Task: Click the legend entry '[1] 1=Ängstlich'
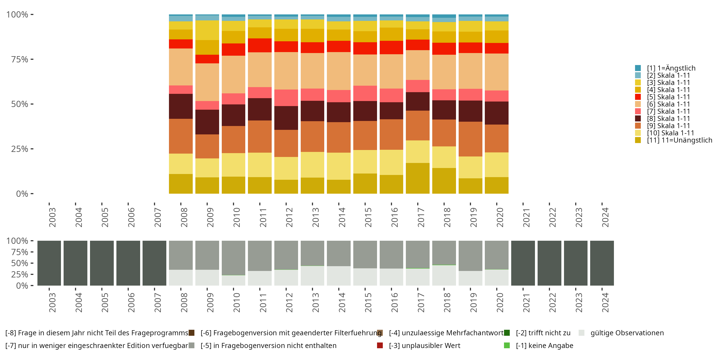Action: (x=671, y=68)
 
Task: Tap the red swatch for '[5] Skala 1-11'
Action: (x=638, y=97)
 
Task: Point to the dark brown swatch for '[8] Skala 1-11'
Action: (x=638, y=119)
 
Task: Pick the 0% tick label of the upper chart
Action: (x=22, y=194)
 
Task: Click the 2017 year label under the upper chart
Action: (x=421, y=217)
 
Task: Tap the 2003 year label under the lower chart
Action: (x=52, y=303)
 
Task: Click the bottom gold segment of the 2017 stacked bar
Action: (x=418, y=178)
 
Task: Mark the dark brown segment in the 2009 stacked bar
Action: (x=207, y=122)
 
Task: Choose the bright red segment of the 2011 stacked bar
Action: (x=260, y=45)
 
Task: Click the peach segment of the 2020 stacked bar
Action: (x=496, y=72)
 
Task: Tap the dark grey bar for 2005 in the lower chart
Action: (x=102, y=263)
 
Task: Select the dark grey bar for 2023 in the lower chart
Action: (x=576, y=263)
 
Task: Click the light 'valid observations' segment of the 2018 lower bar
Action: (x=444, y=275)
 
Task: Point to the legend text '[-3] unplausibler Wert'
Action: (x=424, y=345)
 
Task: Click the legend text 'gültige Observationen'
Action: (x=627, y=333)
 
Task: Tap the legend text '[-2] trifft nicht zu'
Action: (x=543, y=333)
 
